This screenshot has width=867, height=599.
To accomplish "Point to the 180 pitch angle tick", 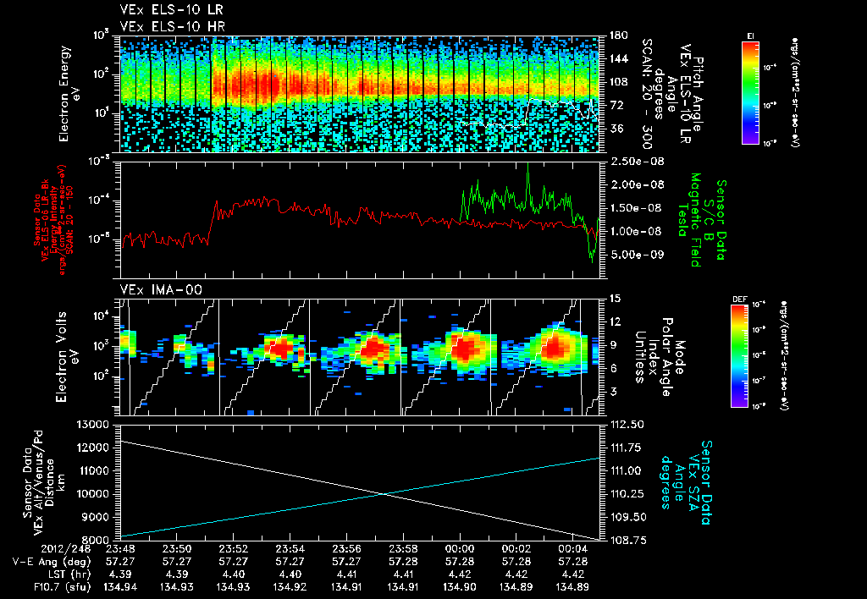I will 616,35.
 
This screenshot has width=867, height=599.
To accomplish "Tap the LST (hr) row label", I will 41,573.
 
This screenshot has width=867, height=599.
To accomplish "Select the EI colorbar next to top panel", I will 750,90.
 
